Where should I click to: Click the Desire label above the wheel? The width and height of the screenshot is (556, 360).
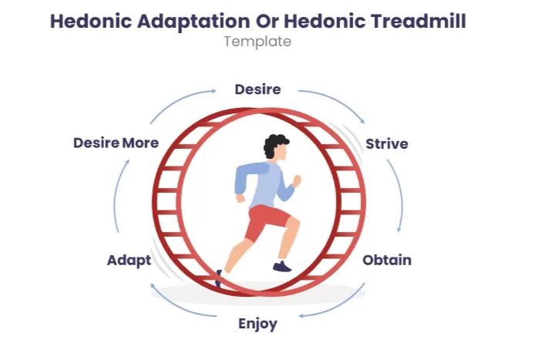pos(258,89)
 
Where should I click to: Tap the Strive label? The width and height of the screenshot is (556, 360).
pos(386,144)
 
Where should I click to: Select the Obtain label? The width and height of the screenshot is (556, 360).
pos(386,260)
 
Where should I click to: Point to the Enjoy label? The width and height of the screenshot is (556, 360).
pos(258,323)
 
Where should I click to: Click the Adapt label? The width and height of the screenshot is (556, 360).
pos(129,260)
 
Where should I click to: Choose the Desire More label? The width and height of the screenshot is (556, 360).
pos(116,143)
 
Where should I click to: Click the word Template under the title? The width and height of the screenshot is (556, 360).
pos(258,42)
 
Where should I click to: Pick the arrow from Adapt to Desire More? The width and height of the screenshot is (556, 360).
pos(116,200)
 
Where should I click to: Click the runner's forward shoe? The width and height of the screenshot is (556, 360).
pos(282,266)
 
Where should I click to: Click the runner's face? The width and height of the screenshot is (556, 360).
pos(282,154)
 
